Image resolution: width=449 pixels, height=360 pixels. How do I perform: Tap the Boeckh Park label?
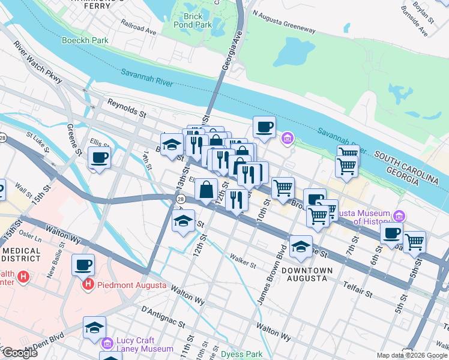[x=84, y=41]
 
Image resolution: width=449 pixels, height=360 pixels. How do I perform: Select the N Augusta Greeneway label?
[x=284, y=29]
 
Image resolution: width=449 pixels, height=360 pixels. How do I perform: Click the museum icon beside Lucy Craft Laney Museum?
[x=107, y=343]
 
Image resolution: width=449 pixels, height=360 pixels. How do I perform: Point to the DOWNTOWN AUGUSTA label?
[x=306, y=274]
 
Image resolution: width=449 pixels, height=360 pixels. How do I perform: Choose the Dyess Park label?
[x=241, y=354]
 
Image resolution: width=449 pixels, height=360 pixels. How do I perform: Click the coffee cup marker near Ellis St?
[x=99, y=158]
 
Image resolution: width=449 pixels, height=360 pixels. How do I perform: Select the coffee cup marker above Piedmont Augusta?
[x=83, y=264]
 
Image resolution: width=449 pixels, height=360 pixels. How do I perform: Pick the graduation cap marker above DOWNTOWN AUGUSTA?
[x=301, y=245]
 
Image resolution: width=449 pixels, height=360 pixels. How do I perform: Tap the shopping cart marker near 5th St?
[x=414, y=242]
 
